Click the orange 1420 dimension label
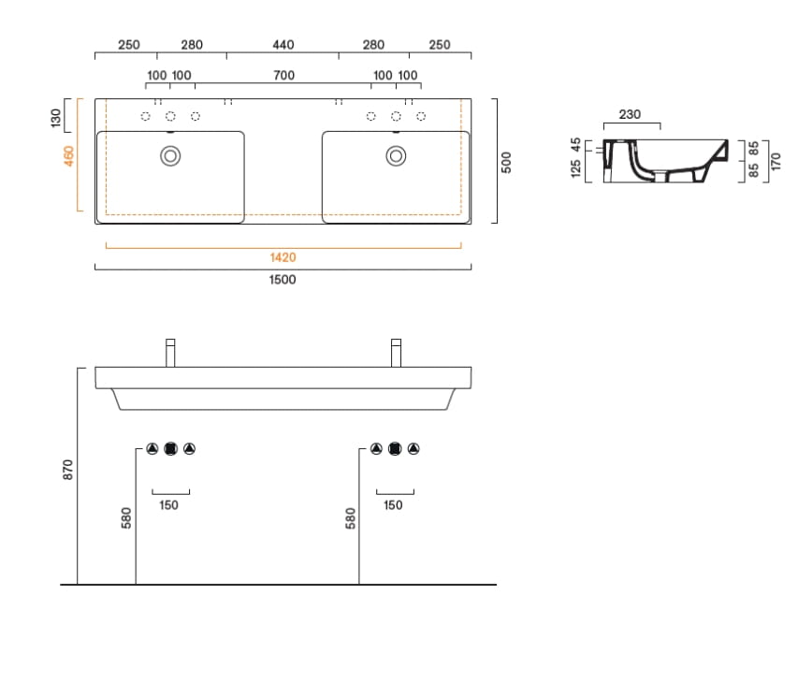click(x=283, y=257)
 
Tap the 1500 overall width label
click(x=283, y=280)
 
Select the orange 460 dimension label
click(x=68, y=155)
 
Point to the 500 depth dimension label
click(x=506, y=163)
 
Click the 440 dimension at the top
click(x=283, y=45)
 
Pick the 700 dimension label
click(x=284, y=75)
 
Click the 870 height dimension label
click(x=67, y=469)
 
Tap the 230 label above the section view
click(x=630, y=114)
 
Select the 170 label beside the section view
click(x=776, y=161)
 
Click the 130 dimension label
click(x=55, y=118)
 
